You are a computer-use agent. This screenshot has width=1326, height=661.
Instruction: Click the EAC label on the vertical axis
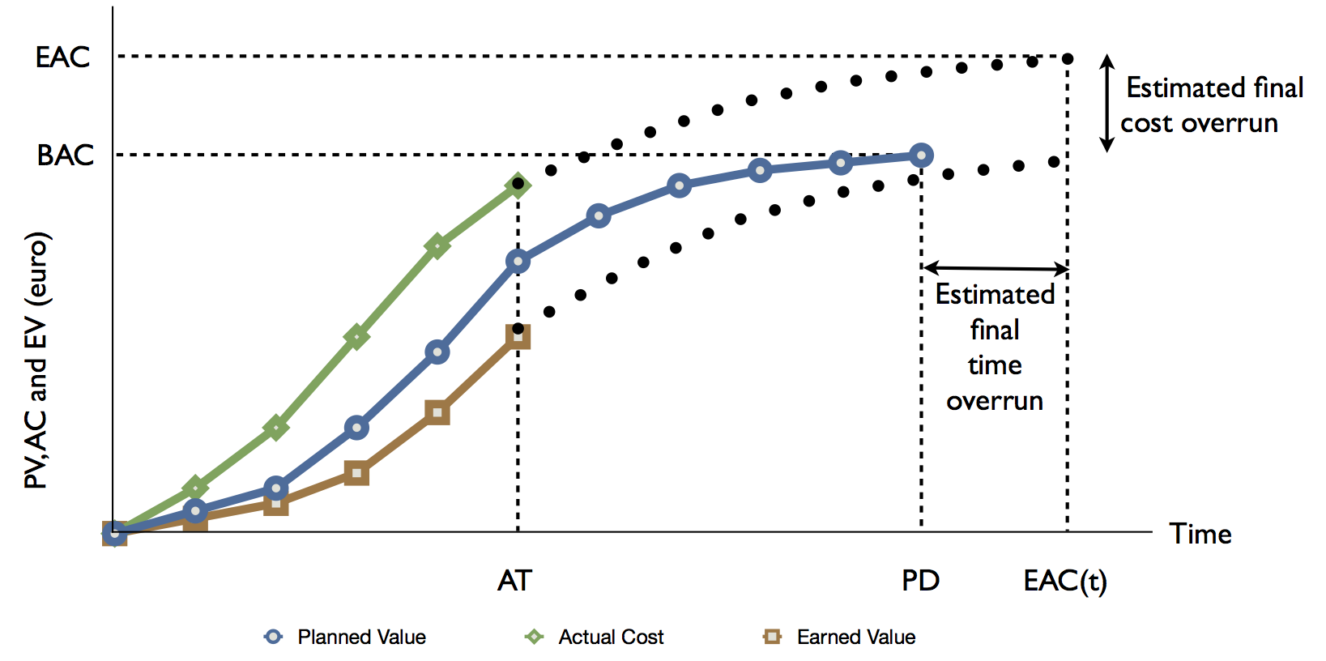click(62, 58)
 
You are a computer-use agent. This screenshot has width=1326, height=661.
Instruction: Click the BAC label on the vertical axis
click(65, 155)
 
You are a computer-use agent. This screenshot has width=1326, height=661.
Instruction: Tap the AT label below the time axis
click(514, 581)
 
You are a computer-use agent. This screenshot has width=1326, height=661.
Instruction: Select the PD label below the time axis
click(920, 581)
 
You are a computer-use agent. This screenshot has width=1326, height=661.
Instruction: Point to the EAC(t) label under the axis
click(1064, 581)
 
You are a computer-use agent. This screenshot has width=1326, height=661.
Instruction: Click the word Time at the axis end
click(1200, 534)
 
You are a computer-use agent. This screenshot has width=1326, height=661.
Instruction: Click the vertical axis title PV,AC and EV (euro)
click(36, 360)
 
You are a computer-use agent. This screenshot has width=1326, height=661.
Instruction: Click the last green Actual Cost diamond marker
click(518, 186)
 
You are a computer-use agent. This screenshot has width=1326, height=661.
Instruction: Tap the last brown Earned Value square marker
click(518, 336)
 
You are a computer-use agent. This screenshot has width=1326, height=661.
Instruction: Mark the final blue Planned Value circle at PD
click(920, 155)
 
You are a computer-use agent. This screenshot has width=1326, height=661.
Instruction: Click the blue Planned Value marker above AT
click(518, 261)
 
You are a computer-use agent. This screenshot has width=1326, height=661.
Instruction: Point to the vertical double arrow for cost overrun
click(1106, 103)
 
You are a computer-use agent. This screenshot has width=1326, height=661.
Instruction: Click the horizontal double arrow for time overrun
click(996, 267)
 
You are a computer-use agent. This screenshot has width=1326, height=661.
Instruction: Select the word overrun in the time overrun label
click(994, 401)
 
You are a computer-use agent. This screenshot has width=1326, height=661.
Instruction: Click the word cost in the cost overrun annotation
click(1146, 123)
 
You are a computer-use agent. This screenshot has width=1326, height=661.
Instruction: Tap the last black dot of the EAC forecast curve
click(1068, 58)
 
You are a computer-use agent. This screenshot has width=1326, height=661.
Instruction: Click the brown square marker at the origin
click(114, 533)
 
